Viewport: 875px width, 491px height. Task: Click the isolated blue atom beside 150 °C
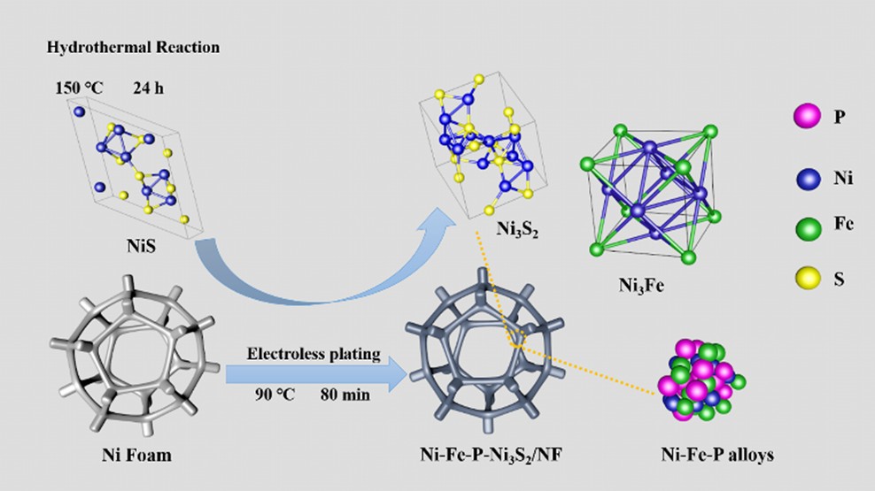pyautogui.click(x=78, y=112)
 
